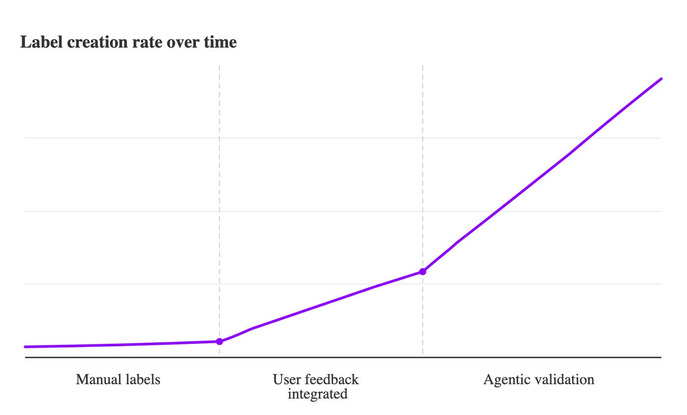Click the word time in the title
pos(220,42)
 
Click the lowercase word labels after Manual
pos(142,379)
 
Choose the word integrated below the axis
pos(317,394)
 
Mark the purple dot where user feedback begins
pos(219,341)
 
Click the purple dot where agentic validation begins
pos(423,272)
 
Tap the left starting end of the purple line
pos(26,347)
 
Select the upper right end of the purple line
pos(661,79)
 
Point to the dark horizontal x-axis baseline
pos(343,358)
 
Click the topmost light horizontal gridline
pos(343,138)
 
